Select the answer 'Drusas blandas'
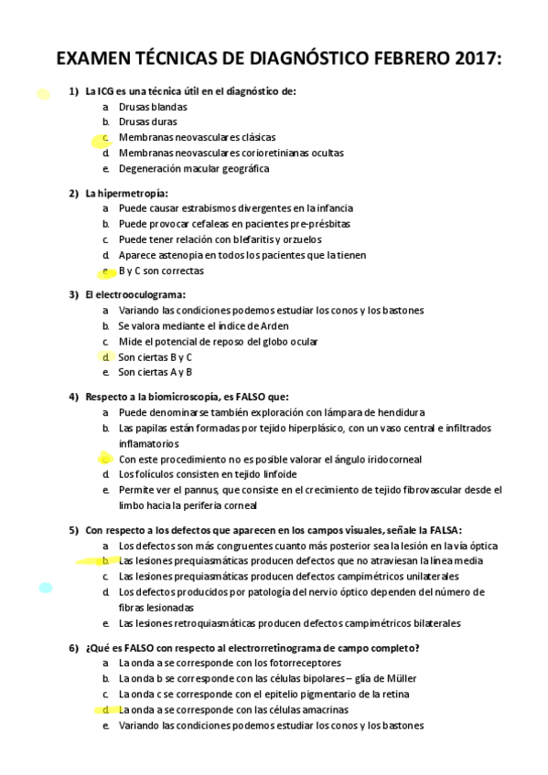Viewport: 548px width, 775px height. pyautogui.click(x=152, y=106)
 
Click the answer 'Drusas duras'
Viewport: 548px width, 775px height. pyautogui.click(x=147, y=122)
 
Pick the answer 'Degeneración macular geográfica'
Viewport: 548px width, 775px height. pyautogui.click(x=193, y=168)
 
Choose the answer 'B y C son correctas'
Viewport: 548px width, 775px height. pyautogui.click(x=161, y=271)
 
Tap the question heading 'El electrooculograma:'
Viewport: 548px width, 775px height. pyautogui.click(x=134, y=294)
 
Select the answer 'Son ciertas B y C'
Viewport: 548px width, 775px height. pyautogui.click(x=155, y=356)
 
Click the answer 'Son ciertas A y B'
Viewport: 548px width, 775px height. pyautogui.click(x=155, y=372)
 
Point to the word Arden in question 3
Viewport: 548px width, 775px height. pyautogui.click(x=275, y=325)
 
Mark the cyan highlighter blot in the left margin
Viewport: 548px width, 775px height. pyautogui.click(x=45, y=587)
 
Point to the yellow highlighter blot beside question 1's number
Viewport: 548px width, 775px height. pyautogui.click(x=42, y=92)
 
